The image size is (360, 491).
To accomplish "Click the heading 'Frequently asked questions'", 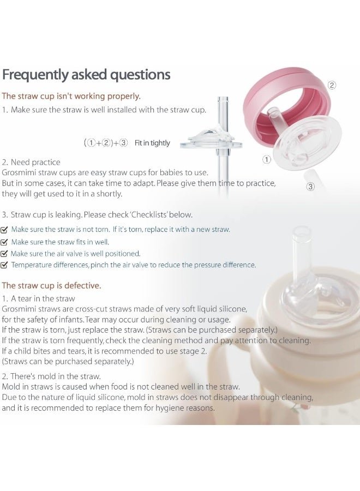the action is point(86,75).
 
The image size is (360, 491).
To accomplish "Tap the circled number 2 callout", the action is point(332,85).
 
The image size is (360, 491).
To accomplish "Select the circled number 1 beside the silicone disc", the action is point(266,160).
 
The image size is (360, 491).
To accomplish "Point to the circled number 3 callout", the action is point(310,187).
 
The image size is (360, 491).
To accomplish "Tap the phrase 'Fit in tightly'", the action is point(152,143).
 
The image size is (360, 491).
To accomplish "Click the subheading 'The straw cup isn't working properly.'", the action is point(71,96).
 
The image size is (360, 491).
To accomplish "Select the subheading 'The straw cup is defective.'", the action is point(51,285).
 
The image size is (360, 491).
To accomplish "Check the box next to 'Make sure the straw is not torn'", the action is point(4,230).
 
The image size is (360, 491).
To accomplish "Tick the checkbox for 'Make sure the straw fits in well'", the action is point(4,242).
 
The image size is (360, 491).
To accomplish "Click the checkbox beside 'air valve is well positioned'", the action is point(4,254).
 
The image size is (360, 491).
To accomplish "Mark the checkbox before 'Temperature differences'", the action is point(4,265).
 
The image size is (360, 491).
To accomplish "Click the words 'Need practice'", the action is point(35,162).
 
